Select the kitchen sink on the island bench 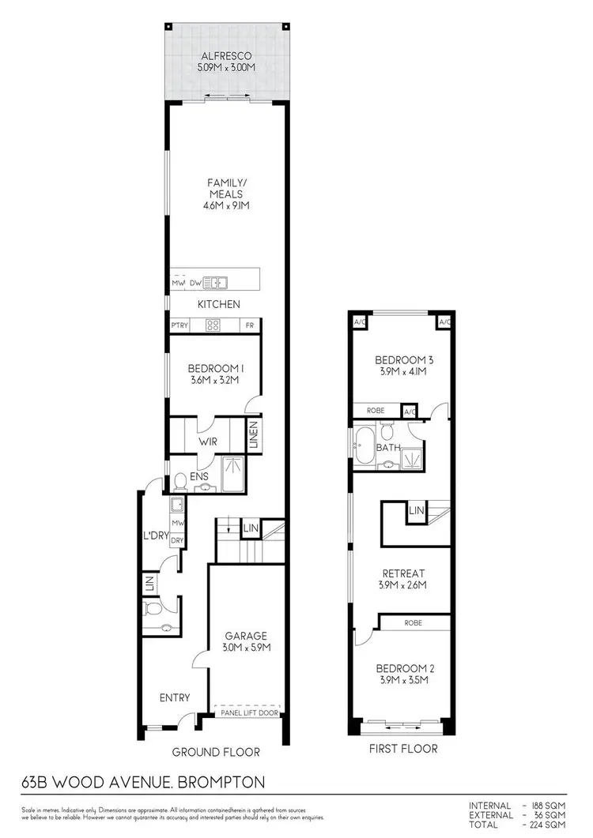click(214, 282)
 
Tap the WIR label click(209, 442)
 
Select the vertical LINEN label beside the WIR click(254, 437)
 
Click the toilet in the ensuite click(179, 480)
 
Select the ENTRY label click(174, 697)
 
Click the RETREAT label click(404, 573)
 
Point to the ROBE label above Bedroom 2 click(413, 622)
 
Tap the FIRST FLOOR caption click(404, 748)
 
